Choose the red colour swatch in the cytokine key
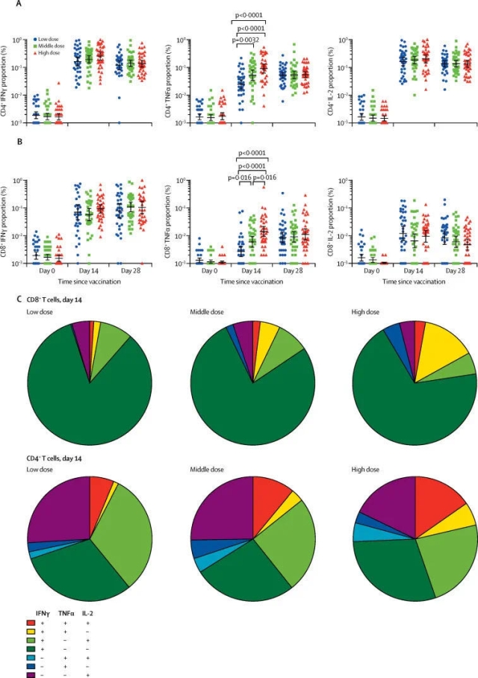[x=31, y=621]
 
